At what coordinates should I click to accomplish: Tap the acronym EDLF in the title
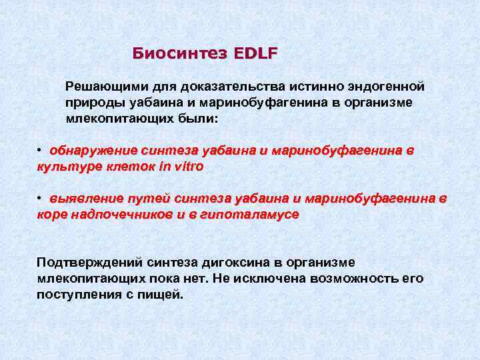pos(255,53)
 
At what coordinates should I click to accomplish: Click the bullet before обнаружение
pos(40,150)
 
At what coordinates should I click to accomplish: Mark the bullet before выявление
pos(40,198)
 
